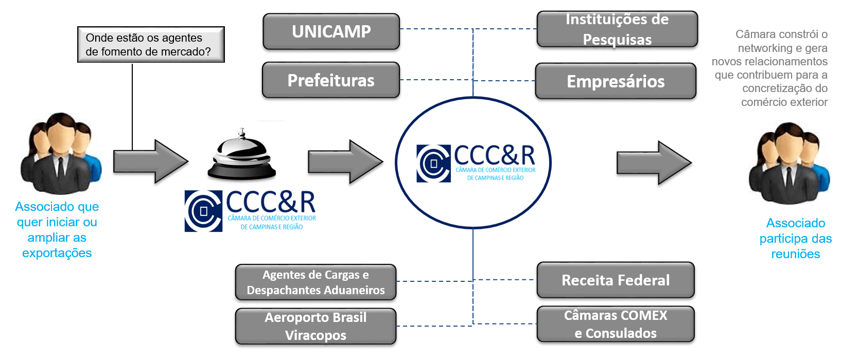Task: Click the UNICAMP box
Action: pos(331,32)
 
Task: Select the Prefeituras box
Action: pos(331,81)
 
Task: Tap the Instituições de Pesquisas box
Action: pos(617,29)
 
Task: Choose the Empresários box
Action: pos(616,82)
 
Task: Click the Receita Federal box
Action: pos(616,280)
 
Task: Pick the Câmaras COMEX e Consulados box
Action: pos(616,325)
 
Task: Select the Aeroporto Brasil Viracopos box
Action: pos(315,326)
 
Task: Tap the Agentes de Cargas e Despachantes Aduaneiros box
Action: pos(315,282)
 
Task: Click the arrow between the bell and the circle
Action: pos(345,163)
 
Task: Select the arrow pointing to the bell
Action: pos(150,163)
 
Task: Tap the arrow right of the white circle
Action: pos(654,164)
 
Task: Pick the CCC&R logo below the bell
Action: pos(251,211)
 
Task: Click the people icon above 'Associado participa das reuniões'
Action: pos(789,163)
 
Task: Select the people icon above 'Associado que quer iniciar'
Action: pos(61,153)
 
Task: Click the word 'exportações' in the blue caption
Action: pos(57,253)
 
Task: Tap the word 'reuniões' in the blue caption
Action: pos(795,254)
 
